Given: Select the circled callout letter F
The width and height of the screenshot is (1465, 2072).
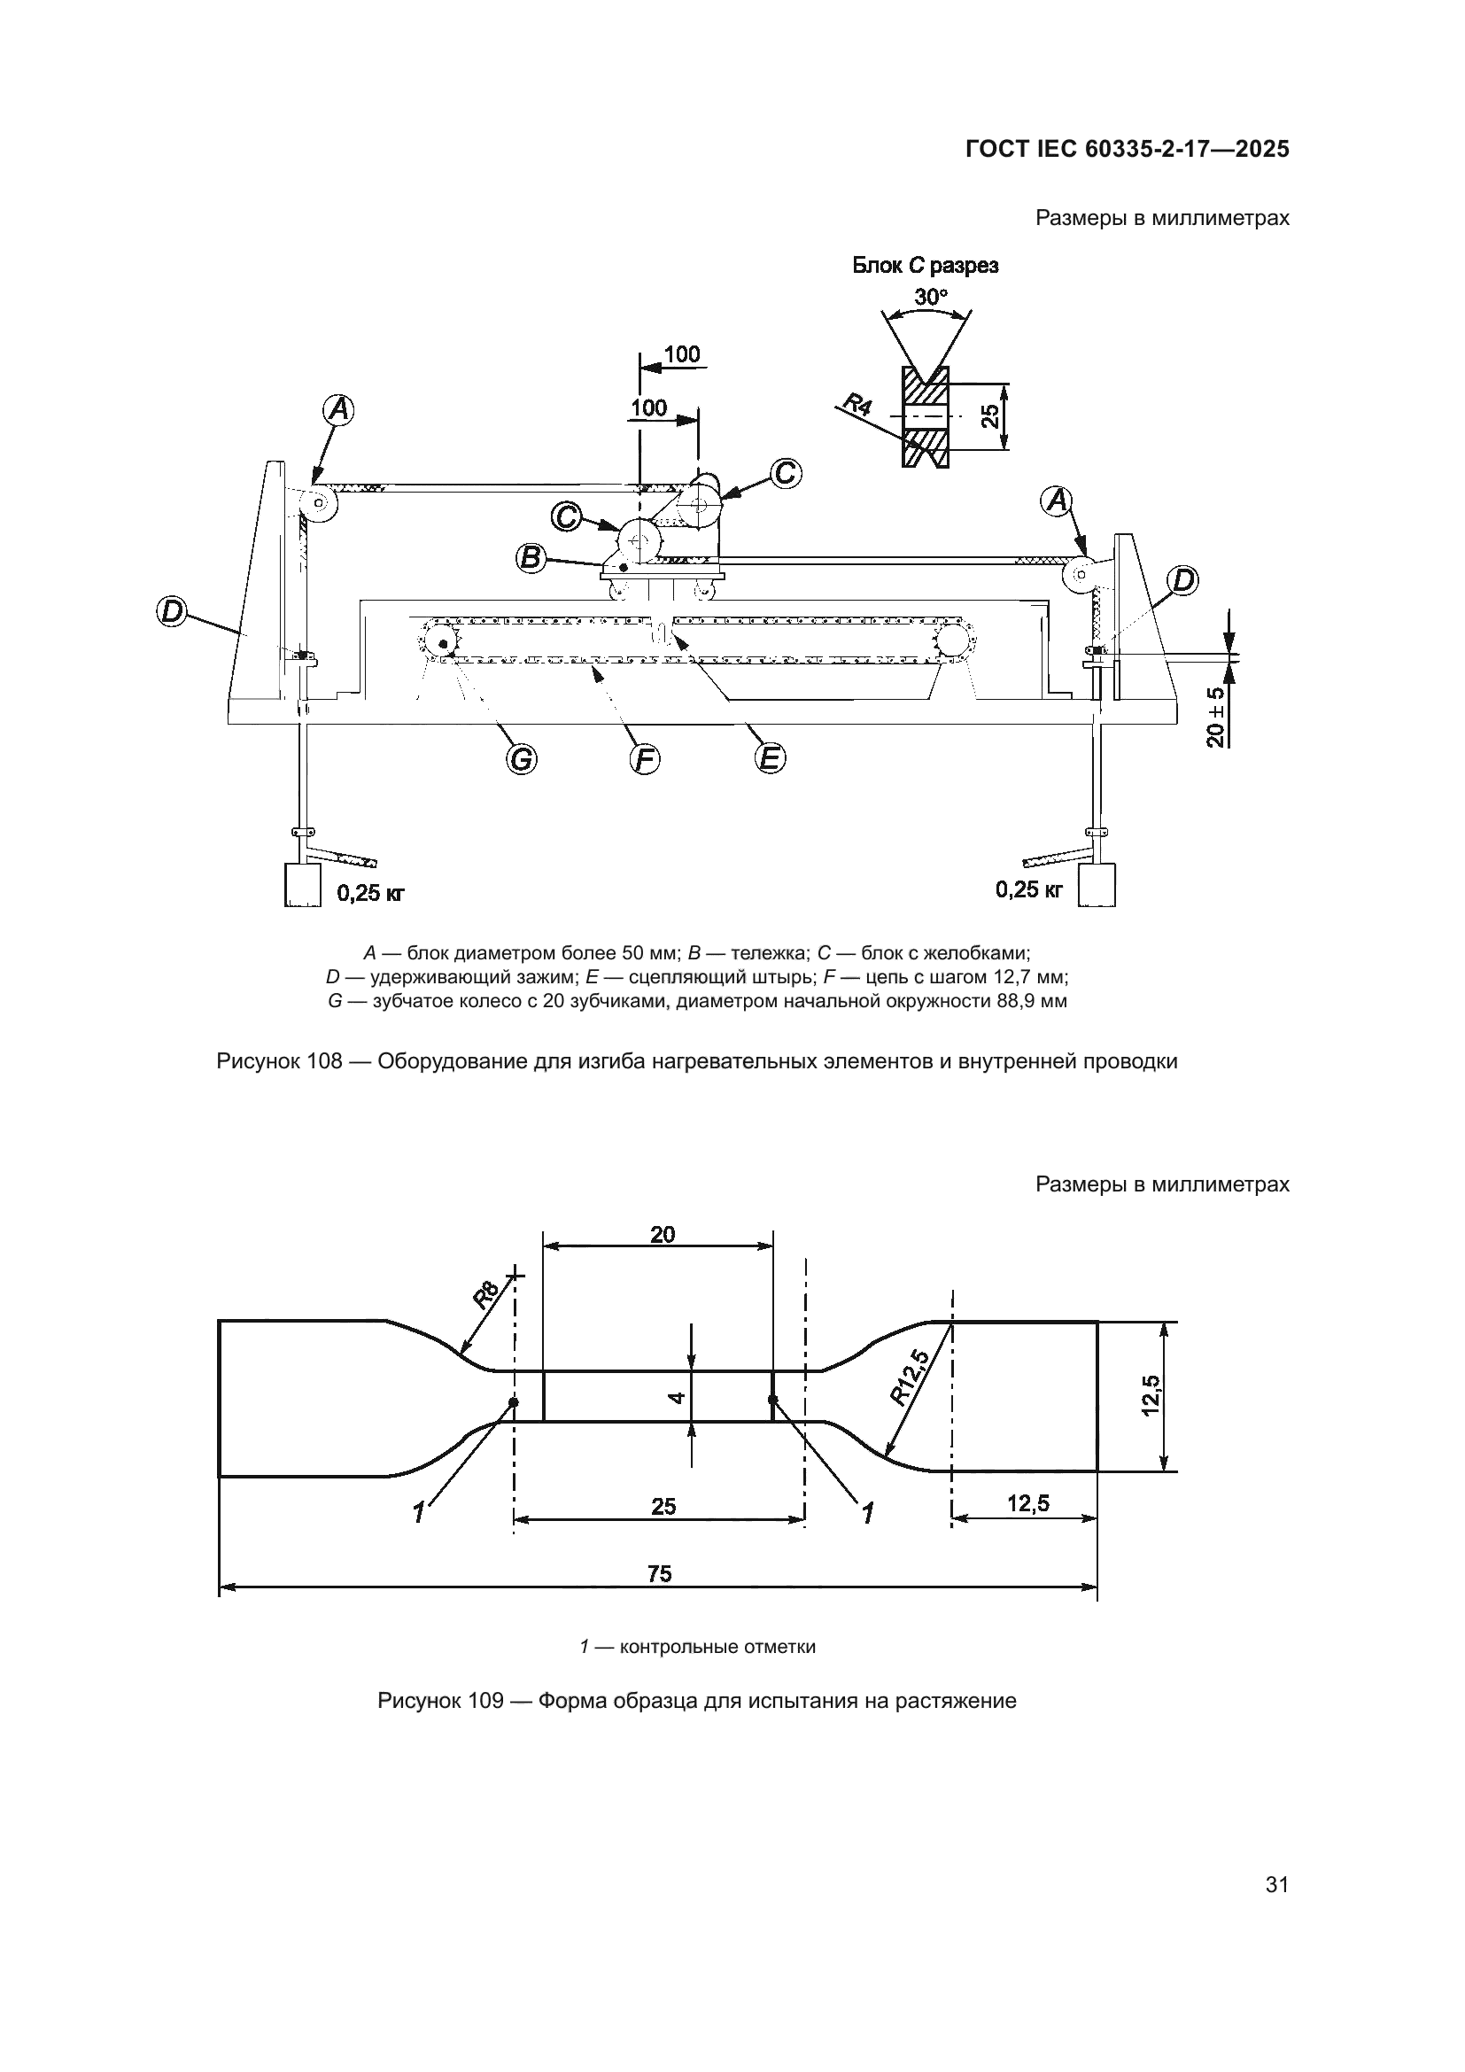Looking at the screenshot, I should pos(644,761).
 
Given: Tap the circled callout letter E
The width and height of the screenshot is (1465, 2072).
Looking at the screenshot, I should pos(770,759).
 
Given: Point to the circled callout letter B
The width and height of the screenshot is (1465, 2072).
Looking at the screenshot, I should pos(531,559).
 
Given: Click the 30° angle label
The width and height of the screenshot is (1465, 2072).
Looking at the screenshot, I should pos(931,296).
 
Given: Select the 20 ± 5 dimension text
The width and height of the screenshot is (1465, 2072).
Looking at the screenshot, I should pos(1216,718).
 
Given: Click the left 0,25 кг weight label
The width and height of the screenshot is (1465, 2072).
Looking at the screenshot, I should pos(371,894).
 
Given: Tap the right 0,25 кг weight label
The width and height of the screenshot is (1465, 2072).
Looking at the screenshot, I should pos(1029,889).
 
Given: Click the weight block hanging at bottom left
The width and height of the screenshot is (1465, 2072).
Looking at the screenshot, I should pos(302,885).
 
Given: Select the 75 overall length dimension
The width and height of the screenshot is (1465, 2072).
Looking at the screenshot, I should pos(660,1574).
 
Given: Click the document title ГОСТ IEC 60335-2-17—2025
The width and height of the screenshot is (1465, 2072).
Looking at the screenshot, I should pos(1127,150).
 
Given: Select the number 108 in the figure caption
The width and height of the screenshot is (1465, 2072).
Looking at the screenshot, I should pos(324,1062).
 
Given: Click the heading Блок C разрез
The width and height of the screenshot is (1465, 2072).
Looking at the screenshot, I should pos(926,267).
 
